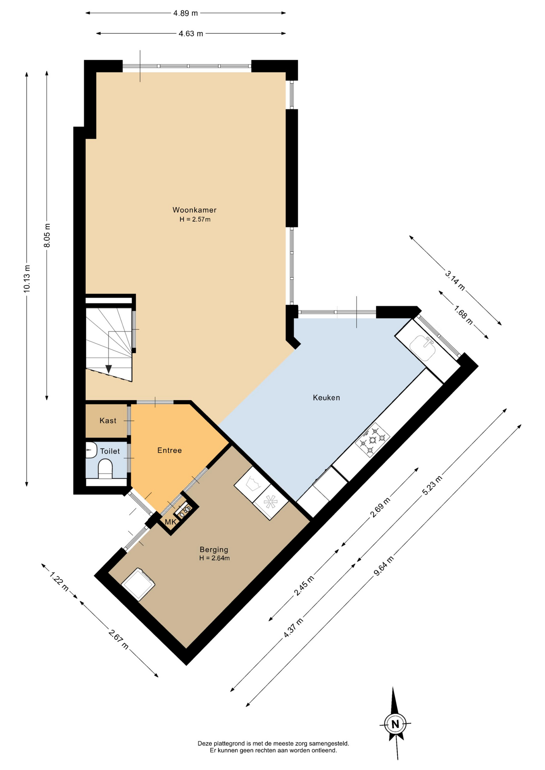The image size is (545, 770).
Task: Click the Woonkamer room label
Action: tap(194, 210)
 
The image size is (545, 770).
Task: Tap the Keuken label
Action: tap(326, 397)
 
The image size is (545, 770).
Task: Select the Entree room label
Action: tap(169, 450)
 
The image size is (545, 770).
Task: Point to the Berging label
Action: tap(214, 550)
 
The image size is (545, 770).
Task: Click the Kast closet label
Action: tap(108, 421)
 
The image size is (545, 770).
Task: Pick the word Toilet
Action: tap(110, 451)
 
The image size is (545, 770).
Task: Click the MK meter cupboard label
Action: tap(171, 522)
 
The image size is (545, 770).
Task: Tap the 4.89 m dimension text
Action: tap(185, 13)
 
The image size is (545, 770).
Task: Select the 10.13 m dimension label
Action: tap(26, 278)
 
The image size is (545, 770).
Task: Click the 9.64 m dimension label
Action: tap(384, 566)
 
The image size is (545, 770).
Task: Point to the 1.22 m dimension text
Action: tap(59, 581)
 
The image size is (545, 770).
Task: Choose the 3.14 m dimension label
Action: tap(455, 280)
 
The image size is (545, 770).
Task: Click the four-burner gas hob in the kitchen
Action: tap(372, 440)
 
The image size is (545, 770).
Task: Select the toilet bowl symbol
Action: tap(106, 469)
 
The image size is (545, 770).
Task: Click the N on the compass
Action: tap(395, 724)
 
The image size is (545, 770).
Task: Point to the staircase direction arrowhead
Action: tap(108, 369)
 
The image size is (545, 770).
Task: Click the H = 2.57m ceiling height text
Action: tap(195, 219)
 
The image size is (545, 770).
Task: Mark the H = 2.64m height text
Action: tap(214, 558)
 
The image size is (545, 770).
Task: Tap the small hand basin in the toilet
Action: tap(91, 450)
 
